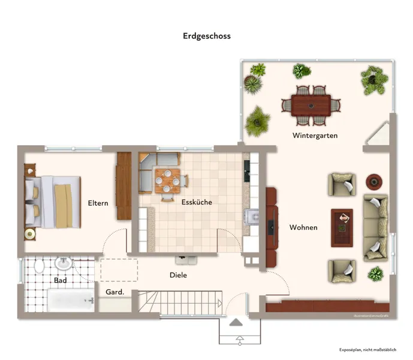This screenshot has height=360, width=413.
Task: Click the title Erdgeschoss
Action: point(206,36)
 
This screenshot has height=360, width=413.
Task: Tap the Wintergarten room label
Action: point(315,136)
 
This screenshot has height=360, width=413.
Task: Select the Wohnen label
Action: point(303,227)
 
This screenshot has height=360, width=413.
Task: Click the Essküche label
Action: point(197,202)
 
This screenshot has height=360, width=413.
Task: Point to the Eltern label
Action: point(98,203)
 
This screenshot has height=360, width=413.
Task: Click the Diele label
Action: point(178,275)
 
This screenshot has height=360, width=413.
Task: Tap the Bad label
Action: point(61,280)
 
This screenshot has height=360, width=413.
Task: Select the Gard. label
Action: point(114,292)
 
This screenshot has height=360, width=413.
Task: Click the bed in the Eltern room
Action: point(53,202)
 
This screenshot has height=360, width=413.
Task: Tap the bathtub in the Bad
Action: point(71,299)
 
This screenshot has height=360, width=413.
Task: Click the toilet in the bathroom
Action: point(40,265)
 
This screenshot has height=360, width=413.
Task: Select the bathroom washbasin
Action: point(63,263)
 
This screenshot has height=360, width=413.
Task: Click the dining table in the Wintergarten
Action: point(310,106)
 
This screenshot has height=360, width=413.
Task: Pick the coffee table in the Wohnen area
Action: point(342,227)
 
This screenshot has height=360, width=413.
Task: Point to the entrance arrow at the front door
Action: point(237,323)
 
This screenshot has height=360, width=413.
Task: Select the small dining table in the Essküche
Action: point(166,178)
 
